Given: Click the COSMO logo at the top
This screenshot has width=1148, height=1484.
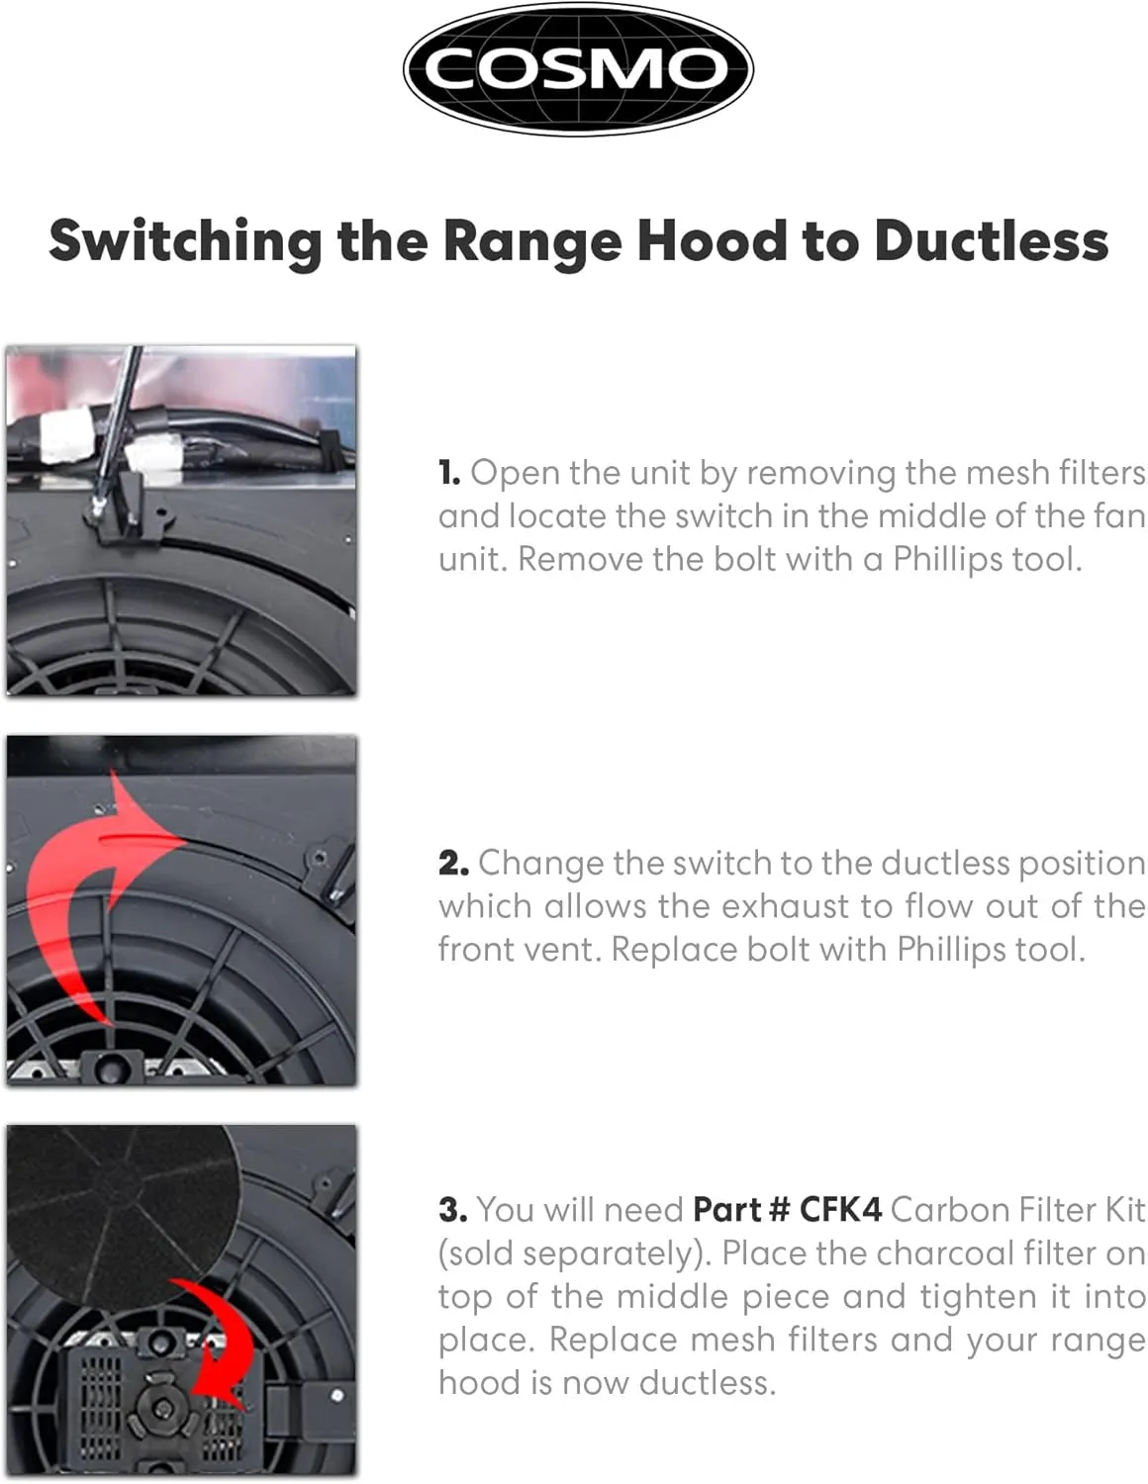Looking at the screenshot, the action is tap(578, 69).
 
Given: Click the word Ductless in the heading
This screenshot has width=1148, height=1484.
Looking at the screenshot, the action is tap(991, 241).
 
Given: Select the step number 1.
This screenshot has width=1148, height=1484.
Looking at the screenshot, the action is tap(448, 473).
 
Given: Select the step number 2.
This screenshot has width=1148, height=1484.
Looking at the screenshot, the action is tap(453, 863).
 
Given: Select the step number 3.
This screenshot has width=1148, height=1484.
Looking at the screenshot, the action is tap(453, 1210).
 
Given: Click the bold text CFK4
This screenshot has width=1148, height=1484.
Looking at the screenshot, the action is tap(840, 1210).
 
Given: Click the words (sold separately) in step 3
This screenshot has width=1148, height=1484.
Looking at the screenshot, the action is tap(572, 1254).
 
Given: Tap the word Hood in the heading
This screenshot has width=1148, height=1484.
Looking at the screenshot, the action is tap(712, 241).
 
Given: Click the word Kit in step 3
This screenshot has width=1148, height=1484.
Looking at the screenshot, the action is tap(1122, 1210).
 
